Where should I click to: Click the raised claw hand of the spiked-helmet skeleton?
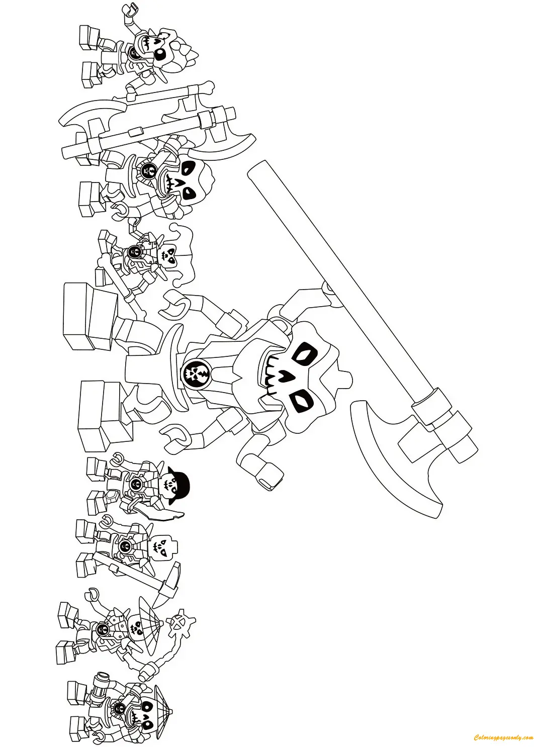point(132,10)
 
